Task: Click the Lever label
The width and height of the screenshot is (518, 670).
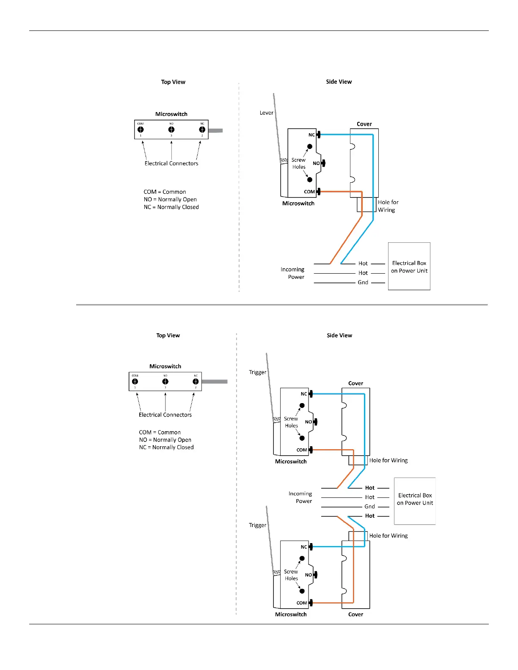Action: point(266,113)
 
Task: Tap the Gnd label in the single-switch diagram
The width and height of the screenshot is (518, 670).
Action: point(363,283)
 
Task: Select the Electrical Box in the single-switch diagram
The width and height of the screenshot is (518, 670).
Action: point(409,266)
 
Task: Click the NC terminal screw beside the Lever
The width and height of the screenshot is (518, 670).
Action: point(319,135)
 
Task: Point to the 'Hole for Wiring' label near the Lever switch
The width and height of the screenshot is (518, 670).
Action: point(388,206)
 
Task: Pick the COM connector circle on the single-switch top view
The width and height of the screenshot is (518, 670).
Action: point(141,130)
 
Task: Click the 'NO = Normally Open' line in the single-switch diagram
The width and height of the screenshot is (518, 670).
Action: point(170,200)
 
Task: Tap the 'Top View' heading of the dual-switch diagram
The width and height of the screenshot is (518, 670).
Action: point(168,335)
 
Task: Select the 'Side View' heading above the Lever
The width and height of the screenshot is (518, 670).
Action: point(339,82)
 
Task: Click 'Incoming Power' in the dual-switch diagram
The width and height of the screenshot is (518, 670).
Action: point(300,497)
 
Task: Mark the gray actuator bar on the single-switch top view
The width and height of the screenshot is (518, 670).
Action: point(215,131)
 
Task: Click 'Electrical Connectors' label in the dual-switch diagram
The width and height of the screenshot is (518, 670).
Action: point(165,415)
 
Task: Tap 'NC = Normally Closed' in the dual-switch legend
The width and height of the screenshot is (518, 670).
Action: point(166,448)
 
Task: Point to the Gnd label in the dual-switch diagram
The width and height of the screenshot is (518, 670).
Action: point(369,507)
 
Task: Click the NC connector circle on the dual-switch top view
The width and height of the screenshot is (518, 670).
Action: point(196,382)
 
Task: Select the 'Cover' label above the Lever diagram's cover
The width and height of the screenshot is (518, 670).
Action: point(364,124)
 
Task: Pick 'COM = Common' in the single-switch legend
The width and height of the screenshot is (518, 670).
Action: point(165,192)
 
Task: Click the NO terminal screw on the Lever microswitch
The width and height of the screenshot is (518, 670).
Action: point(323,163)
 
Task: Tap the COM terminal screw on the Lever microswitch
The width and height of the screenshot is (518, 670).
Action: point(319,192)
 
